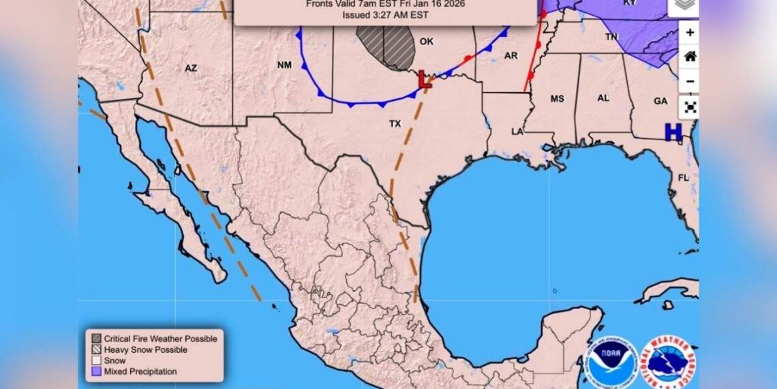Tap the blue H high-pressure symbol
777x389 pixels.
[x=673, y=132]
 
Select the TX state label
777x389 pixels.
[x=395, y=124]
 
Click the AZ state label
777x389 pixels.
[x=191, y=68]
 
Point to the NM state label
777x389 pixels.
[x=284, y=66]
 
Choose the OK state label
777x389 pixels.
[x=427, y=42]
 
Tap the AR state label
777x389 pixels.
[x=511, y=55]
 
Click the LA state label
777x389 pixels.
[x=518, y=131]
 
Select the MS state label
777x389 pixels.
[x=558, y=99]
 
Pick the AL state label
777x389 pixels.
[x=603, y=98]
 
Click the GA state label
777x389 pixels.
[x=660, y=101]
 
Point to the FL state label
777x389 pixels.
[x=683, y=177]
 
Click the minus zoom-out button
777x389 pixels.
[x=690, y=81]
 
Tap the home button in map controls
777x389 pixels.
[x=690, y=57]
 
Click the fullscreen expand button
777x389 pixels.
[x=690, y=106]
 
